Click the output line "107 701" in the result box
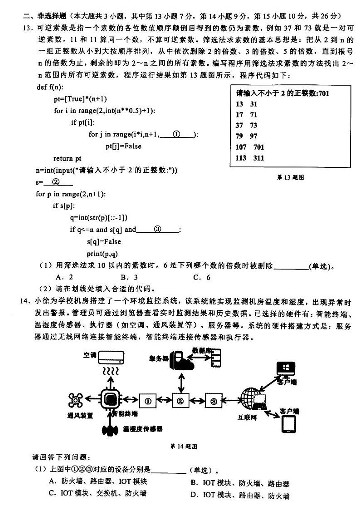coord(250,147)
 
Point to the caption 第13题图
coord(290,177)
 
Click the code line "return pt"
coord(68,158)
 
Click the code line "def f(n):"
coord(50,87)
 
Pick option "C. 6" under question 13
coord(202,277)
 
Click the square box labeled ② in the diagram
coord(180,401)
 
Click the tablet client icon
coord(289,424)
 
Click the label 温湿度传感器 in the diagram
coord(142,429)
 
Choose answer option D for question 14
coord(240,495)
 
